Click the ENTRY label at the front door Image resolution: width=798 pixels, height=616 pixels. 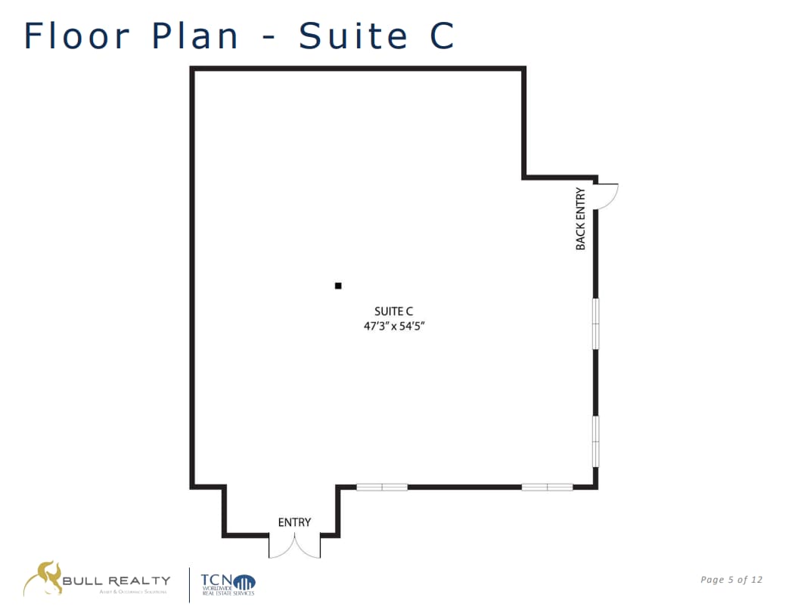click(x=294, y=522)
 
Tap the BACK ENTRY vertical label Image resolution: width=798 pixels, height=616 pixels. click(x=581, y=219)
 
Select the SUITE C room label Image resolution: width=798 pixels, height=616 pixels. click(x=393, y=311)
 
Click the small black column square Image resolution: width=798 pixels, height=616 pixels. click(x=338, y=286)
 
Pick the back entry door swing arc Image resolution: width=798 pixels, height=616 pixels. click(x=609, y=197)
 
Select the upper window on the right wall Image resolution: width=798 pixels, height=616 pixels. click(x=596, y=323)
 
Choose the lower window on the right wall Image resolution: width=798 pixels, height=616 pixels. click(x=596, y=441)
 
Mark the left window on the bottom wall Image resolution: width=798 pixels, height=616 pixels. click(x=382, y=488)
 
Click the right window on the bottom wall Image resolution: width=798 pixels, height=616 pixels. click(x=547, y=488)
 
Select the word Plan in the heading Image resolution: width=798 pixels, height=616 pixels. click(x=196, y=36)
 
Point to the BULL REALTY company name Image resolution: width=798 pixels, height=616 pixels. click(x=116, y=580)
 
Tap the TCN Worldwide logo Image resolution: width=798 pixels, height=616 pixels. click(x=228, y=583)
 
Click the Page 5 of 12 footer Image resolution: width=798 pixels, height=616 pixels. click(x=731, y=580)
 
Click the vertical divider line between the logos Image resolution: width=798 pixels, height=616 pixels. click(x=189, y=585)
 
